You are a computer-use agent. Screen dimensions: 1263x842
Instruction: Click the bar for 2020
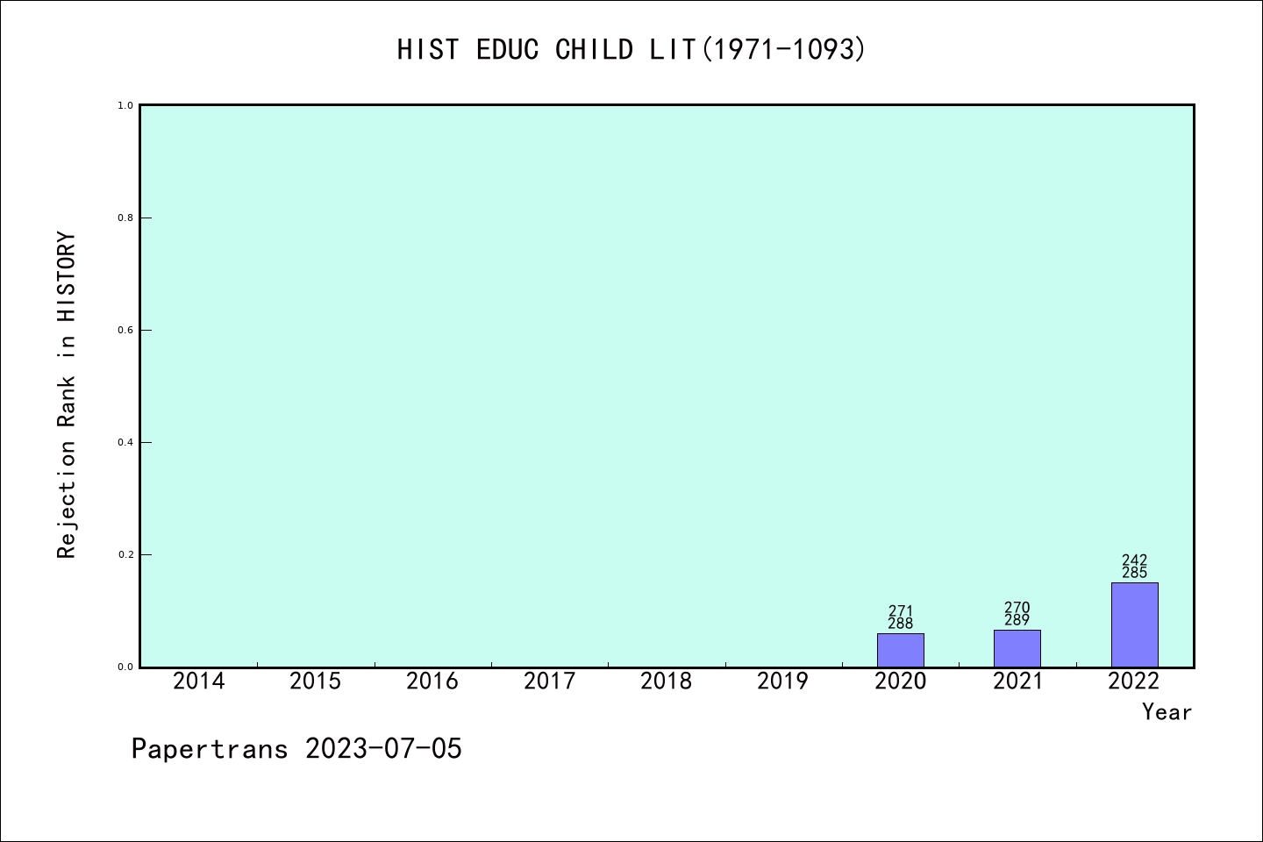(x=901, y=650)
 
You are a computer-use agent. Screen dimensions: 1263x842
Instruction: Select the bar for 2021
(x=1017, y=648)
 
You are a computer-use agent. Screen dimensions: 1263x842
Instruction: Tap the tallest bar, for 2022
(x=1134, y=624)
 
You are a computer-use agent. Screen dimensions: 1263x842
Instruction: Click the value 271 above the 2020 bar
(x=901, y=610)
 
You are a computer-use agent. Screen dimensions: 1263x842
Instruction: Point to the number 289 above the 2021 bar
(x=1017, y=620)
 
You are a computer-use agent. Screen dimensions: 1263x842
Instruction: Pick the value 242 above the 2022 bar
(x=1134, y=560)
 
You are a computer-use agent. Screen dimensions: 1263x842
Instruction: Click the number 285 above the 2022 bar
(x=1134, y=573)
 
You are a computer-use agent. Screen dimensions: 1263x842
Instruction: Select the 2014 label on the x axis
(x=198, y=681)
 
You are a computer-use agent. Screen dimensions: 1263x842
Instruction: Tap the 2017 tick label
(x=549, y=681)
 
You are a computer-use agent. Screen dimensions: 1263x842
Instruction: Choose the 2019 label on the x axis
(x=783, y=681)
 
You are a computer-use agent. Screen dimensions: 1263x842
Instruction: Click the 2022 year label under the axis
(x=1134, y=681)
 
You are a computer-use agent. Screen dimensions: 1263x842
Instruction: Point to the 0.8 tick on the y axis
(x=125, y=218)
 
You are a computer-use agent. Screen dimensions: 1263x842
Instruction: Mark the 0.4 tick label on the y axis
(x=125, y=443)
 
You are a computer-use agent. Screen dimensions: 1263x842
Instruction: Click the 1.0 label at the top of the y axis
(x=125, y=105)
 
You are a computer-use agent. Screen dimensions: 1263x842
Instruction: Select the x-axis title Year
(x=1167, y=712)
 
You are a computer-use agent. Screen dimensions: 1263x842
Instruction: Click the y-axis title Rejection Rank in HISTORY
(x=67, y=395)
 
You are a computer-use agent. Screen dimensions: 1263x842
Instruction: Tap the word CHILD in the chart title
(x=595, y=50)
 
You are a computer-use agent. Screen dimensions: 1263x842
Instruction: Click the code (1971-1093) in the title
(x=783, y=50)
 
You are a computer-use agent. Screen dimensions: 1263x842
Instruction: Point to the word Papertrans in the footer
(x=210, y=749)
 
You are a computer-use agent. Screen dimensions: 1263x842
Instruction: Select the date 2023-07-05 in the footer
(x=383, y=749)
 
